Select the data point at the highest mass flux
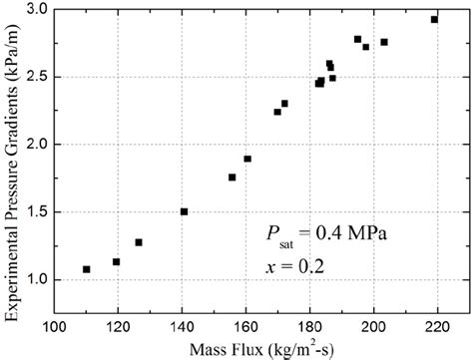pos(434,19)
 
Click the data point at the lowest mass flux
pos(87,269)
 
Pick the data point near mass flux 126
pos(139,242)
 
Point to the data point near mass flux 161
pos(247,159)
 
